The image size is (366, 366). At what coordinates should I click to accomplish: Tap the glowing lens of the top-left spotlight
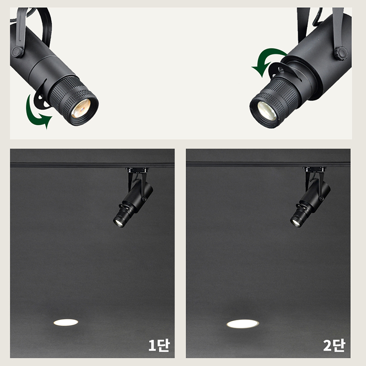81,108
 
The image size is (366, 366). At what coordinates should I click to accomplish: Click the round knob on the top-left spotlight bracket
17,52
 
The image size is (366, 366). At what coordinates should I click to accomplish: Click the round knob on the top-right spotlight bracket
341,54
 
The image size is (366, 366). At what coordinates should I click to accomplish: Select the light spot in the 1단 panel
65,323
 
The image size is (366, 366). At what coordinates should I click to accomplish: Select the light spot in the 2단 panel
243,324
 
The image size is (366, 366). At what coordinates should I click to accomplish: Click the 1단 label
159,346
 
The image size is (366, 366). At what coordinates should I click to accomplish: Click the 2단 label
334,346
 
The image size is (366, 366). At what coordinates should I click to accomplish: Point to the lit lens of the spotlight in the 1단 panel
119,223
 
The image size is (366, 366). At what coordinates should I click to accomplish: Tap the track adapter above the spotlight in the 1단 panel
136,170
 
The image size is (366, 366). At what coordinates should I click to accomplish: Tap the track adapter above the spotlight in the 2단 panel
314,170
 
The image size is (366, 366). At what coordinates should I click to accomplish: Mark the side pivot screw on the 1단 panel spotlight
144,199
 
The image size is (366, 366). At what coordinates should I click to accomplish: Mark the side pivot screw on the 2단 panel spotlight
322,198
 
